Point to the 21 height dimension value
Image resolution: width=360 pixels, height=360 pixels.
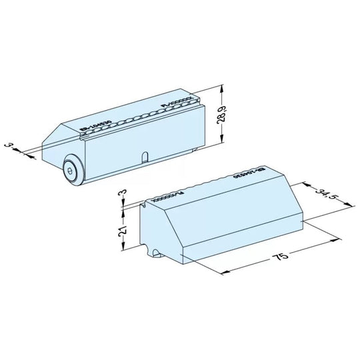point(123,233)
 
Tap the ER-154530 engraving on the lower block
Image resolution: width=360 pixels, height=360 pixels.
point(247,175)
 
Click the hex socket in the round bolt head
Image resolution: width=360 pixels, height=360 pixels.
point(70,171)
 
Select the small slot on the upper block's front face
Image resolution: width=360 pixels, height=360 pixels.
point(143,157)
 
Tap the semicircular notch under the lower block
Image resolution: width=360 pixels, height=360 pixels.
point(155,254)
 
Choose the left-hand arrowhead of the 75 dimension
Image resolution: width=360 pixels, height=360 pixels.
point(223,271)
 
